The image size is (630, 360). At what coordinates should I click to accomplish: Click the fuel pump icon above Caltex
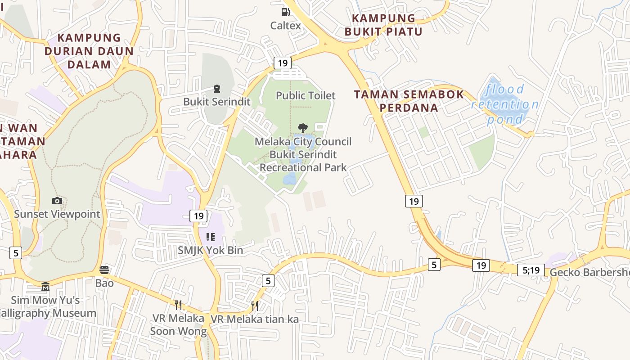(285, 12)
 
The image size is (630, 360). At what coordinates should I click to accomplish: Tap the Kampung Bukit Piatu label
(383, 25)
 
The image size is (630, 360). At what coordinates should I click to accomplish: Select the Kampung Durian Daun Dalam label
(89, 51)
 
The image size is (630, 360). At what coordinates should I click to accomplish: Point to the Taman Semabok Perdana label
(409, 101)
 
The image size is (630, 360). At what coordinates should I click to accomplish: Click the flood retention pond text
(505, 104)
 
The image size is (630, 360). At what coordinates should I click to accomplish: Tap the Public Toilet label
(306, 95)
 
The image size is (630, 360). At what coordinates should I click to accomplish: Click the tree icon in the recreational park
(303, 128)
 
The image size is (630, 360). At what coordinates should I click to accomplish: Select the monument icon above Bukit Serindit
(217, 89)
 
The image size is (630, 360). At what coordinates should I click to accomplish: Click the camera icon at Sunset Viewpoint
(57, 201)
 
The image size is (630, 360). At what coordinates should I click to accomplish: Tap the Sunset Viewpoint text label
(57, 214)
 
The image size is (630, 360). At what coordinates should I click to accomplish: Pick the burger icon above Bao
(104, 270)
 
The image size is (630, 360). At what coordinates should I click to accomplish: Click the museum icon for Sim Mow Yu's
(45, 286)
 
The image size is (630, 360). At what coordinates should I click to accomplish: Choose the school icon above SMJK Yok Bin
(211, 237)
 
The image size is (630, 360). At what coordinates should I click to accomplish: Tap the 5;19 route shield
(531, 270)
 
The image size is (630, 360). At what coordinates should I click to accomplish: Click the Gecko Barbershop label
(589, 272)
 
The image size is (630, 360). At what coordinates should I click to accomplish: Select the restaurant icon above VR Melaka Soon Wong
(178, 305)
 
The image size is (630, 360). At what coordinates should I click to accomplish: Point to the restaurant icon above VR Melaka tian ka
(255, 306)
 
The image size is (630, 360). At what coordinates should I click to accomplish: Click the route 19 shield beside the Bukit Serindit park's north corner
(283, 63)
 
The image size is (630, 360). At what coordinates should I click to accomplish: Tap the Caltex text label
(286, 26)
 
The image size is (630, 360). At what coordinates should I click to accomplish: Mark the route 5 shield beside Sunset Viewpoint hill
(16, 253)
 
